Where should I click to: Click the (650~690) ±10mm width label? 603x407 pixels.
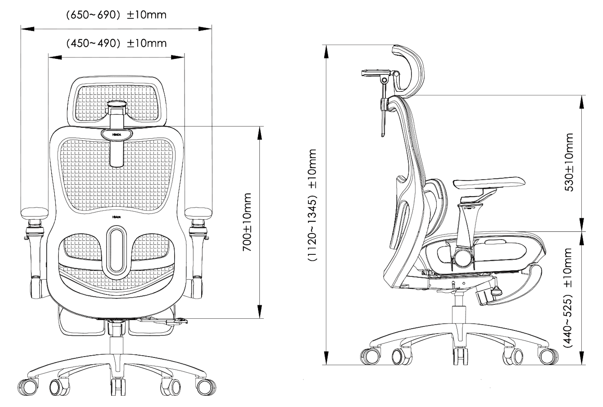[x=116, y=16]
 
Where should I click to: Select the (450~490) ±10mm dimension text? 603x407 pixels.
[x=116, y=43]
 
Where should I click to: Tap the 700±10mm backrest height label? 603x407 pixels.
[x=247, y=222]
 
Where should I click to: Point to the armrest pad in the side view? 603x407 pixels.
[x=489, y=181]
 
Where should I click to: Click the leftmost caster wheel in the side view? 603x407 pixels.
[x=369, y=355]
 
